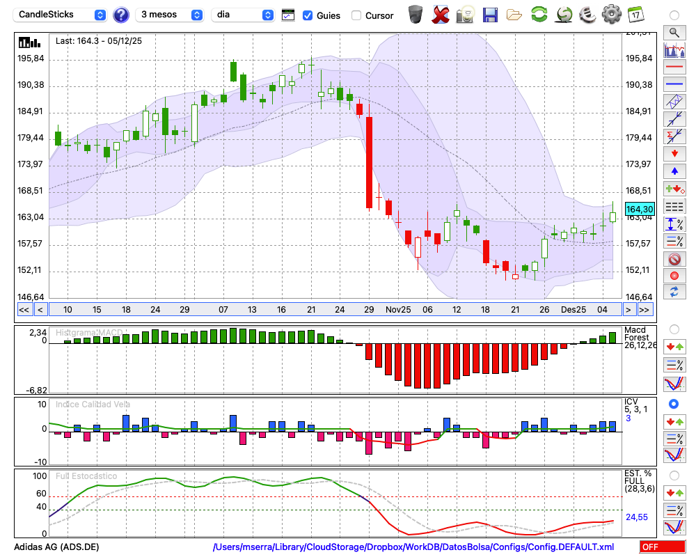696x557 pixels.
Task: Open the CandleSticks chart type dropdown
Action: pyautogui.click(x=61, y=15)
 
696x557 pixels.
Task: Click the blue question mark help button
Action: pyautogui.click(x=120, y=15)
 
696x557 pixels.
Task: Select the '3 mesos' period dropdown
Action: pyautogui.click(x=170, y=15)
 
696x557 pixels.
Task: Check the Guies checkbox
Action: pyautogui.click(x=308, y=15)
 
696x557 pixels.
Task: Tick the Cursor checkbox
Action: pyautogui.click(x=356, y=15)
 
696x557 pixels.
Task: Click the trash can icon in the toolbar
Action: pyautogui.click(x=416, y=14)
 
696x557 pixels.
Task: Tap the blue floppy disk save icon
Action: pyautogui.click(x=490, y=14)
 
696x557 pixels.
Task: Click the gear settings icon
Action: pyautogui.click(x=611, y=14)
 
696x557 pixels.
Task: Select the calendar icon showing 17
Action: pyautogui.click(x=635, y=14)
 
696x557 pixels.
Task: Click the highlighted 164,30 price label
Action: pyautogui.click(x=640, y=209)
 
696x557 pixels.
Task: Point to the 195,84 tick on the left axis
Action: pyautogui.click(x=31, y=58)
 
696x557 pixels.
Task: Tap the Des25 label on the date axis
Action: pyautogui.click(x=574, y=309)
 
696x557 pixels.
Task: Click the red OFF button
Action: pyautogui.click(x=662, y=547)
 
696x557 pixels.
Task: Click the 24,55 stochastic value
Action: pyautogui.click(x=637, y=517)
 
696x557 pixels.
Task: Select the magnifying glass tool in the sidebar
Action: pyautogui.click(x=674, y=32)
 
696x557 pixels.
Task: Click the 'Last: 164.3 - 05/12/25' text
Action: pyautogui.click(x=99, y=41)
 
